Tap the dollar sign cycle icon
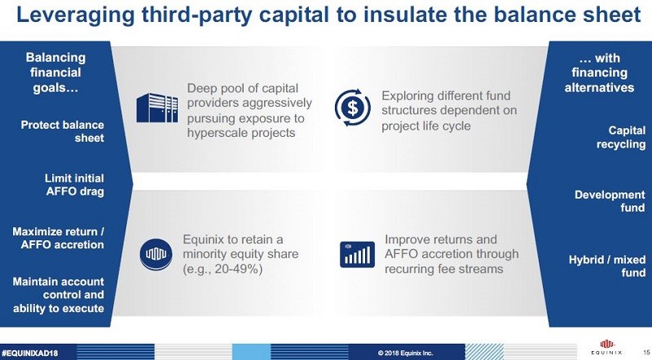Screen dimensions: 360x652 click(353, 107)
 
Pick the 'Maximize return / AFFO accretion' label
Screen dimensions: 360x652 click(59, 237)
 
